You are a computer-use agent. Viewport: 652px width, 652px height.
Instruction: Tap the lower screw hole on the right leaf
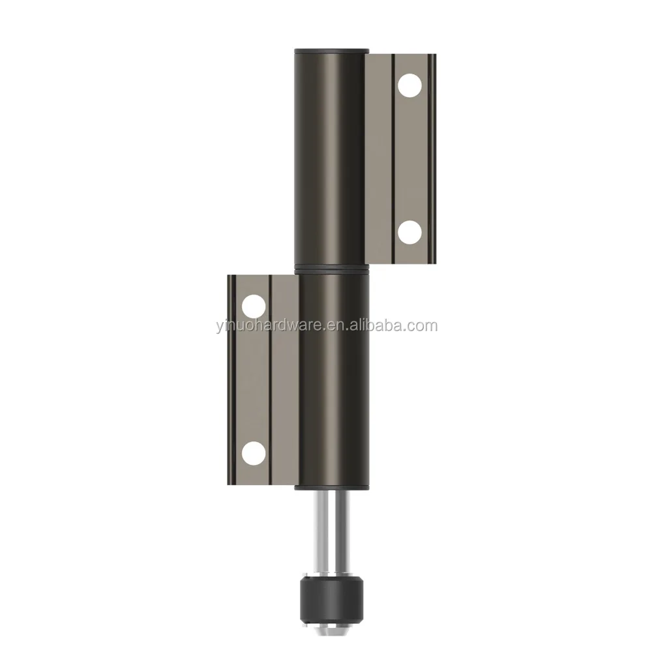(x=409, y=231)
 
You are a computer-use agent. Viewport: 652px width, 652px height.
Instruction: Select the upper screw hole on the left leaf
(x=253, y=304)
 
